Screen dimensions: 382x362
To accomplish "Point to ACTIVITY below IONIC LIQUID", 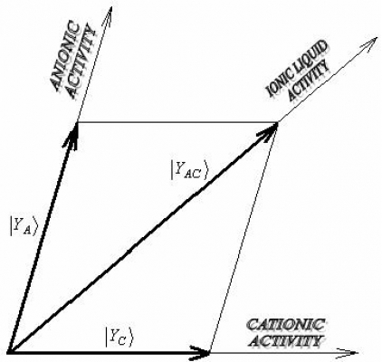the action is (309, 81).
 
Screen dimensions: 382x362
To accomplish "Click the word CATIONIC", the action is (285, 325).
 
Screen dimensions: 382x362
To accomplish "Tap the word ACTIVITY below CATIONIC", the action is (286, 341).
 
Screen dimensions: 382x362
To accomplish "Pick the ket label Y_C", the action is (119, 337).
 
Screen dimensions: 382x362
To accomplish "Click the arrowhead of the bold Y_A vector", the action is (74, 135).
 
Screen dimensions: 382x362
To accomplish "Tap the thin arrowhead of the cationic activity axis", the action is (347, 352).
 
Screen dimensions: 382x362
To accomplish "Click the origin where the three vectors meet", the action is (10, 352).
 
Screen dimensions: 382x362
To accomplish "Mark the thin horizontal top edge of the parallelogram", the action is (177, 122).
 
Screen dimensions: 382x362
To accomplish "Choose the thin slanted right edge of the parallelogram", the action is (244, 237).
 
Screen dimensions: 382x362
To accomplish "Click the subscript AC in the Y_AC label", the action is (191, 175).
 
